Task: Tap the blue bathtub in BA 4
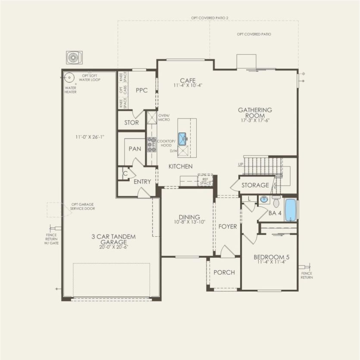(291, 210)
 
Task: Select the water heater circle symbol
(69, 78)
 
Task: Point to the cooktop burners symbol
(151, 144)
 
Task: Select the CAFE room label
(188, 81)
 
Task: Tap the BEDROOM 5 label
(270, 258)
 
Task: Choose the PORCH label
(224, 272)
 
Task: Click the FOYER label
(228, 226)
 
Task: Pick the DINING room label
(189, 217)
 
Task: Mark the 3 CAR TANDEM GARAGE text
(113, 239)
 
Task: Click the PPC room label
(141, 90)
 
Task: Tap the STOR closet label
(131, 122)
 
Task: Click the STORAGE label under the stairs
(255, 185)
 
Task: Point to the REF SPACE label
(206, 181)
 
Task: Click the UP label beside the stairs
(241, 165)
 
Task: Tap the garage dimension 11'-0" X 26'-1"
(89, 137)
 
